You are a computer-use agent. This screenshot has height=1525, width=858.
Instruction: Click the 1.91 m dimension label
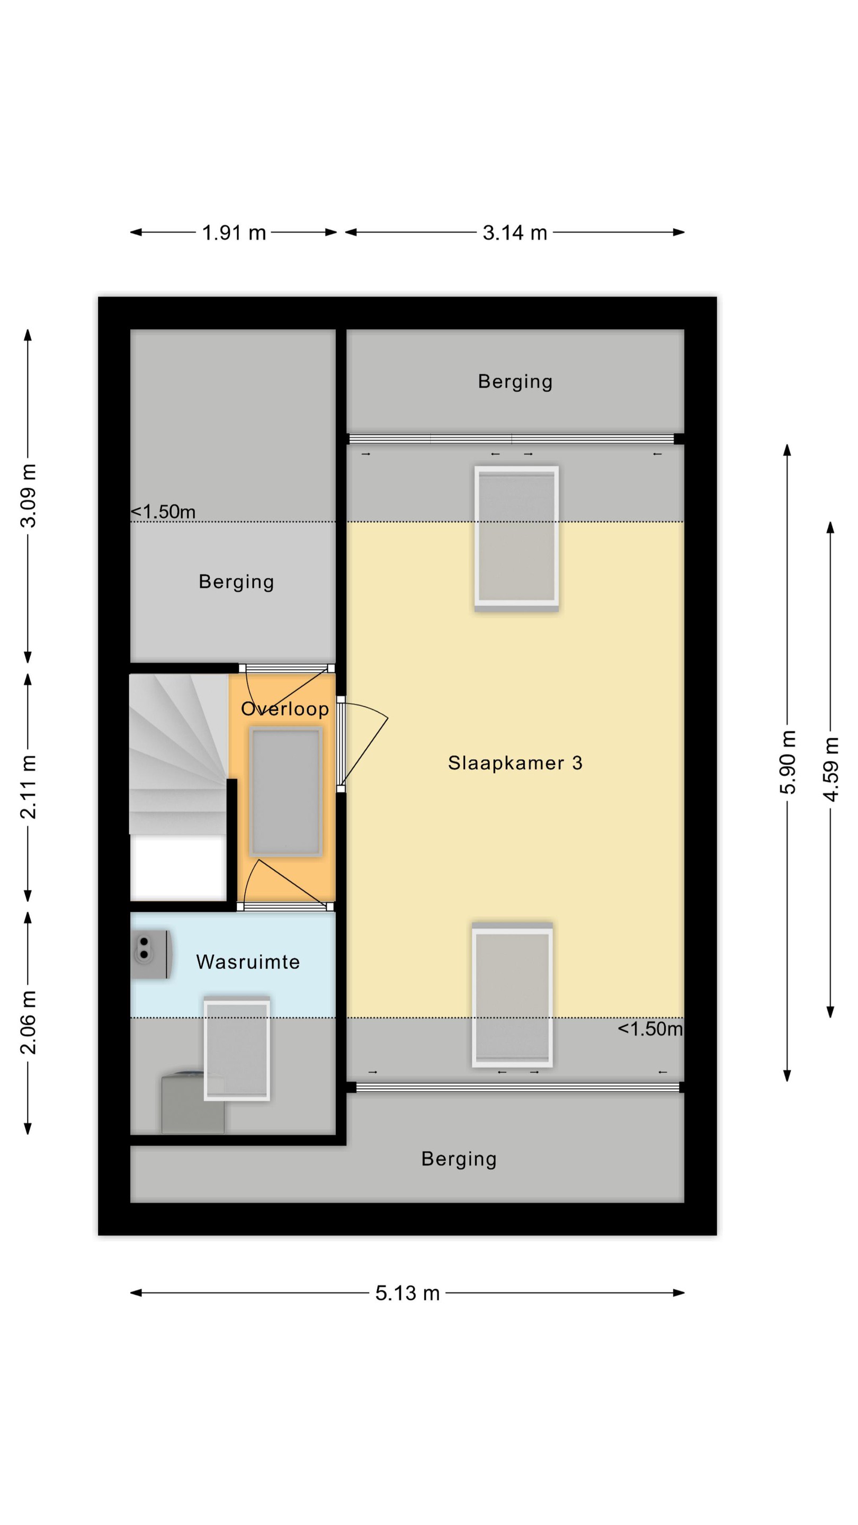click(x=234, y=232)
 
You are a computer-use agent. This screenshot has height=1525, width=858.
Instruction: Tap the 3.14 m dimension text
click(x=515, y=232)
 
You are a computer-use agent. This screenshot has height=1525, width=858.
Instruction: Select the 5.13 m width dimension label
click(x=407, y=1293)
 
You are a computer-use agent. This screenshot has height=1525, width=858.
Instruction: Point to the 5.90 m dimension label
click(x=788, y=762)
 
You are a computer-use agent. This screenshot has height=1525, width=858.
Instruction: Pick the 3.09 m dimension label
click(x=28, y=496)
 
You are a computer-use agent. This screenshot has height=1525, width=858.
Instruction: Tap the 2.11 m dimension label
click(x=28, y=787)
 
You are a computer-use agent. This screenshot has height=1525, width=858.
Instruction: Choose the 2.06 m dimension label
click(x=28, y=1022)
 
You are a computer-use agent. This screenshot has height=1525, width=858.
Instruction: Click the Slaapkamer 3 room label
click(x=515, y=762)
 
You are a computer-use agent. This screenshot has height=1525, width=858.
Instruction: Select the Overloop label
click(x=285, y=708)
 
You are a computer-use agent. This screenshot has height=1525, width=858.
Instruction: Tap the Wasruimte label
click(x=248, y=962)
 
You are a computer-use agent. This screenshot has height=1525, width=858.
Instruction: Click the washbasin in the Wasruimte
click(x=151, y=954)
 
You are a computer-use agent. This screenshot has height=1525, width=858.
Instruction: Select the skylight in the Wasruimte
click(x=237, y=1049)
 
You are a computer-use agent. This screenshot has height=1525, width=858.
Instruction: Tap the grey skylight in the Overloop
click(x=286, y=793)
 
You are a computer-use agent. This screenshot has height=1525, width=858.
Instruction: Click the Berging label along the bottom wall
click(x=459, y=1159)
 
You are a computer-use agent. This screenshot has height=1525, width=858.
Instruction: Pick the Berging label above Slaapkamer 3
click(x=515, y=382)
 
